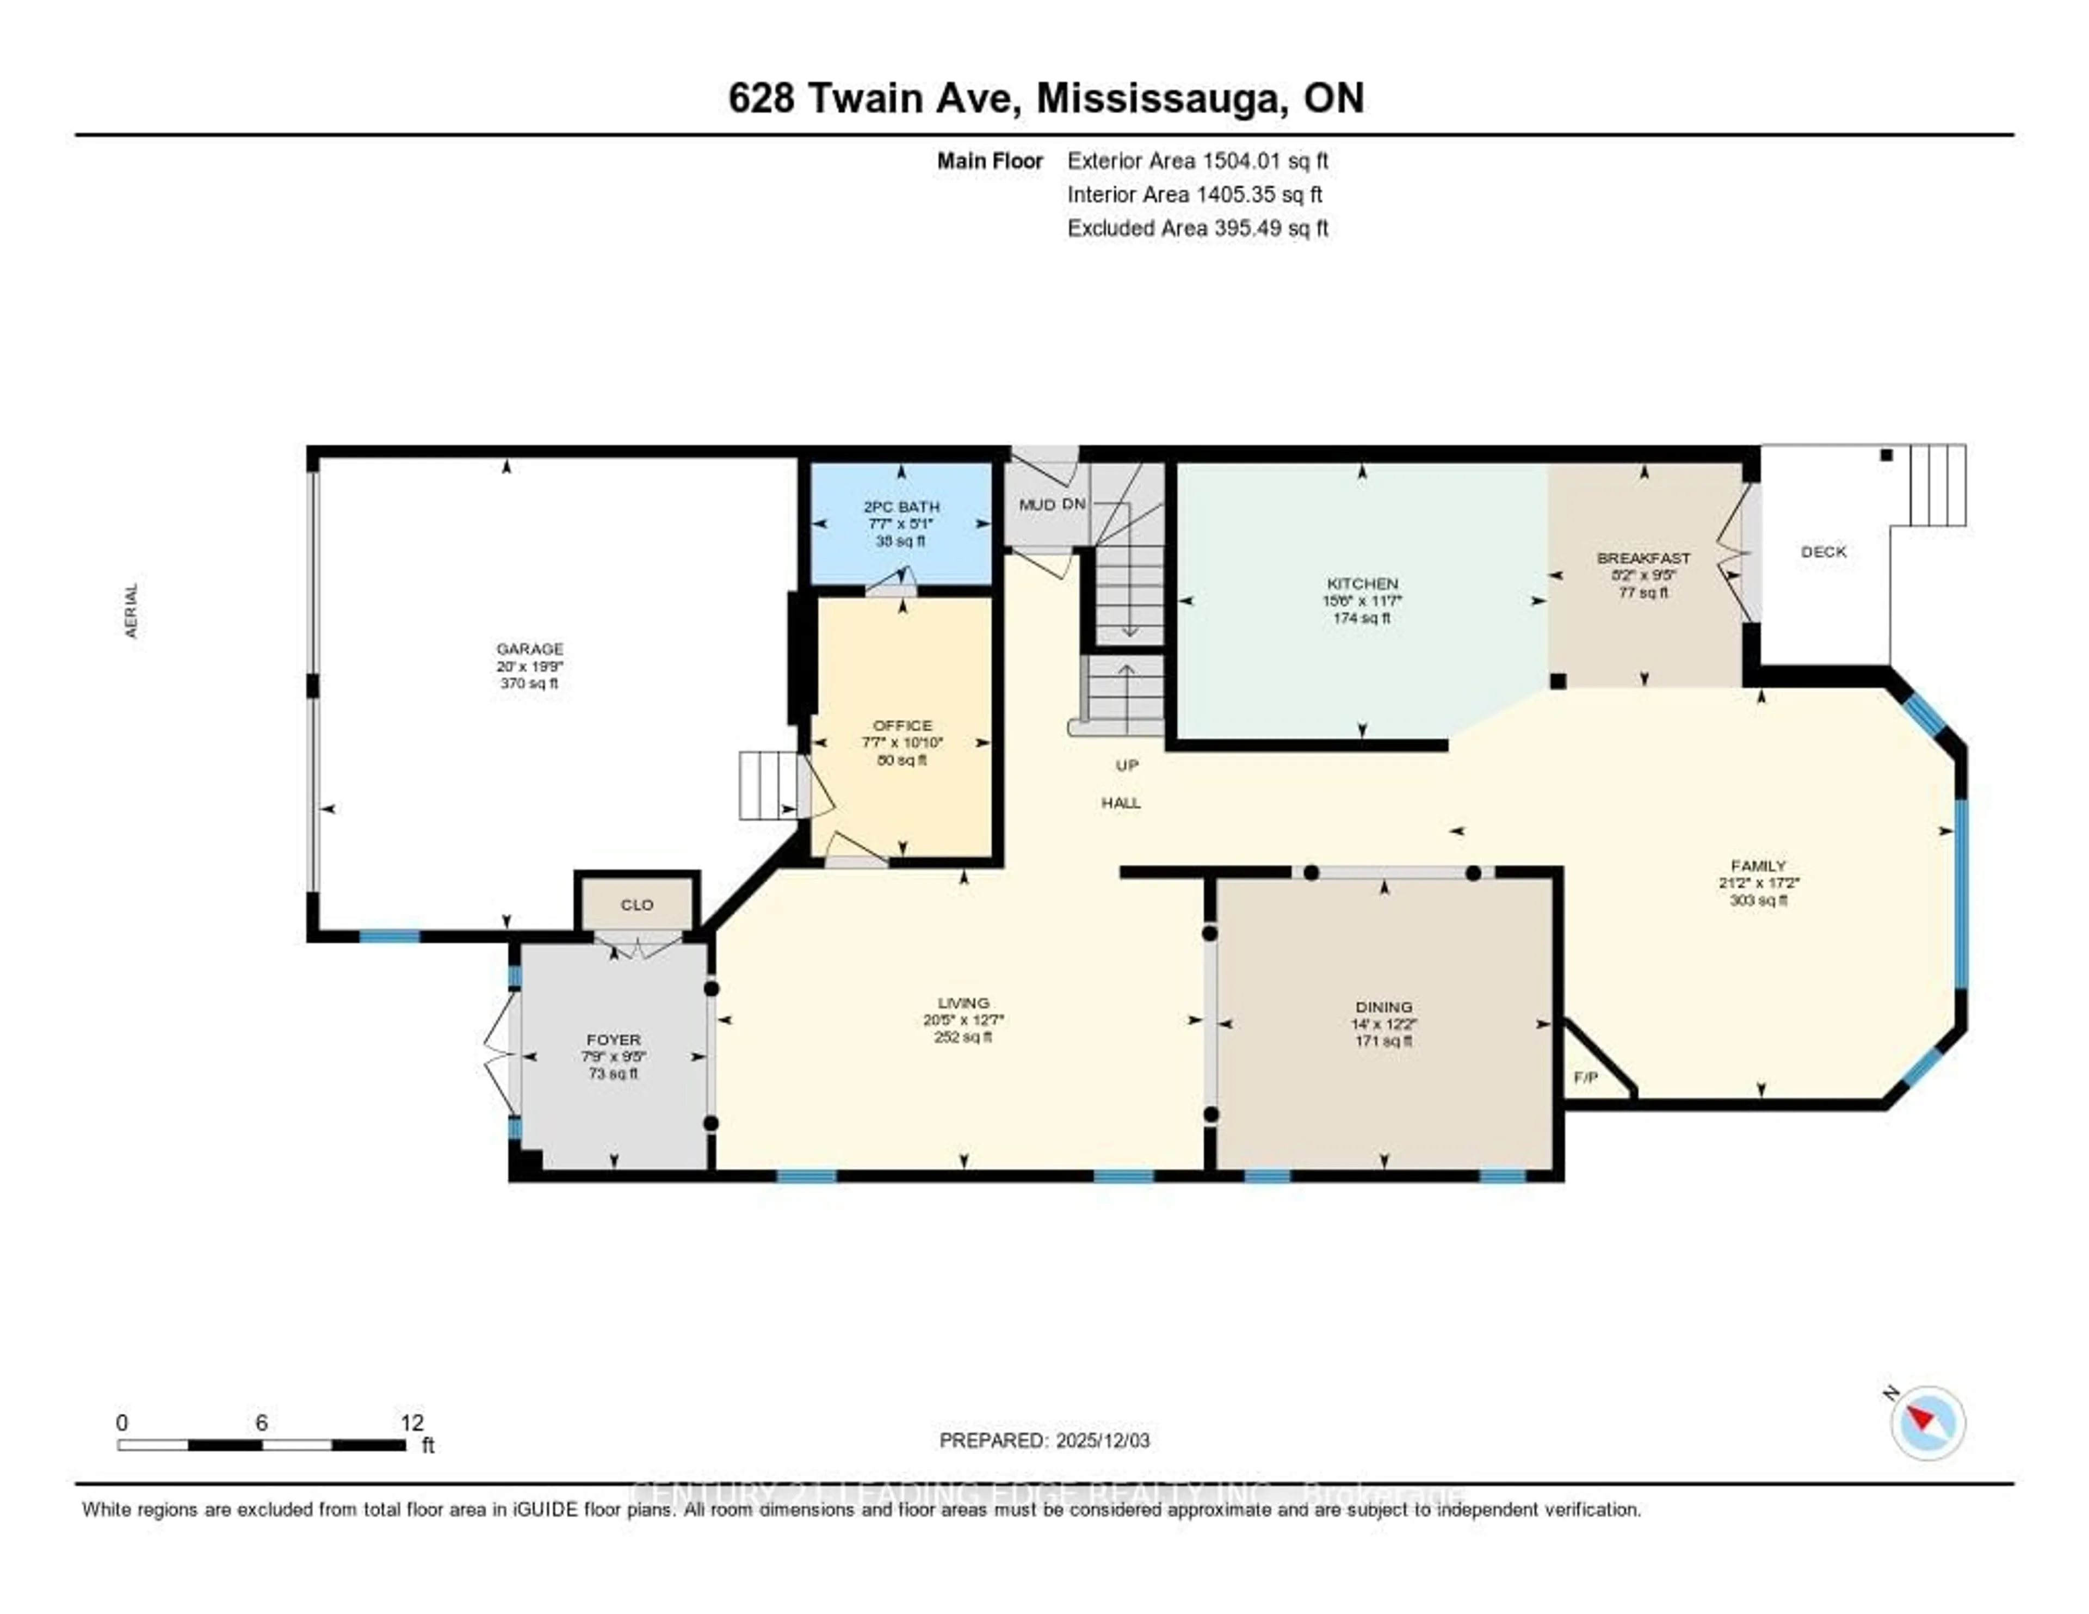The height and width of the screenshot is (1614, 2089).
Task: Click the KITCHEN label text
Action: pyautogui.click(x=1362, y=583)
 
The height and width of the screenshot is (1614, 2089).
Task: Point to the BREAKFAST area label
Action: pyautogui.click(x=1643, y=558)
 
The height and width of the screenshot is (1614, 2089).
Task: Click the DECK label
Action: pyautogui.click(x=1823, y=552)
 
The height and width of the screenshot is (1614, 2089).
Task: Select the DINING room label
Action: pyautogui.click(x=1383, y=1007)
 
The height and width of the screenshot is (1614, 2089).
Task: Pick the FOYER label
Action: pyautogui.click(x=613, y=1039)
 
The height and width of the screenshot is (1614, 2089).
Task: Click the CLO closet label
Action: pyautogui.click(x=637, y=904)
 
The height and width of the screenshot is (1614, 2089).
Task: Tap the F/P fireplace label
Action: pyautogui.click(x=1586, y=1077)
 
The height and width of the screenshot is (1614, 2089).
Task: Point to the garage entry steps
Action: pyautogui.click(x=768, y=785)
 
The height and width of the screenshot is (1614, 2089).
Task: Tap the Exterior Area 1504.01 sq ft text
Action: pyautogui.click(x=1197, y=161)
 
